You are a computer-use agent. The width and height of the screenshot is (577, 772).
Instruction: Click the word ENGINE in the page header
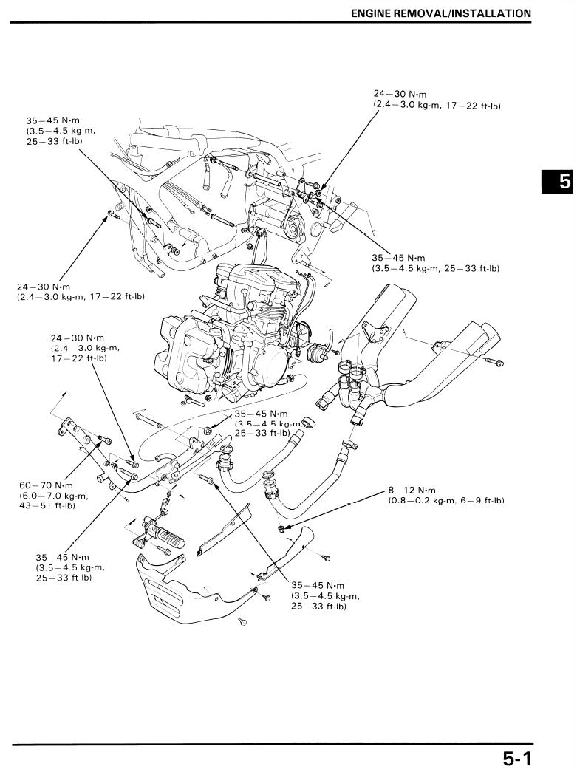(372, 13)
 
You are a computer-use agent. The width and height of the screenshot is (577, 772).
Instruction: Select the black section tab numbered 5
(559, 181)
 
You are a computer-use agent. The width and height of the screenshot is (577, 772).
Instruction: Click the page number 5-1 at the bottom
(517, 757)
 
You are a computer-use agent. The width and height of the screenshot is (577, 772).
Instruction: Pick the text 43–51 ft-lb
(48, 505)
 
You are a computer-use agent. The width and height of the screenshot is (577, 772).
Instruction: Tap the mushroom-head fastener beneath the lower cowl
(242, 622)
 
